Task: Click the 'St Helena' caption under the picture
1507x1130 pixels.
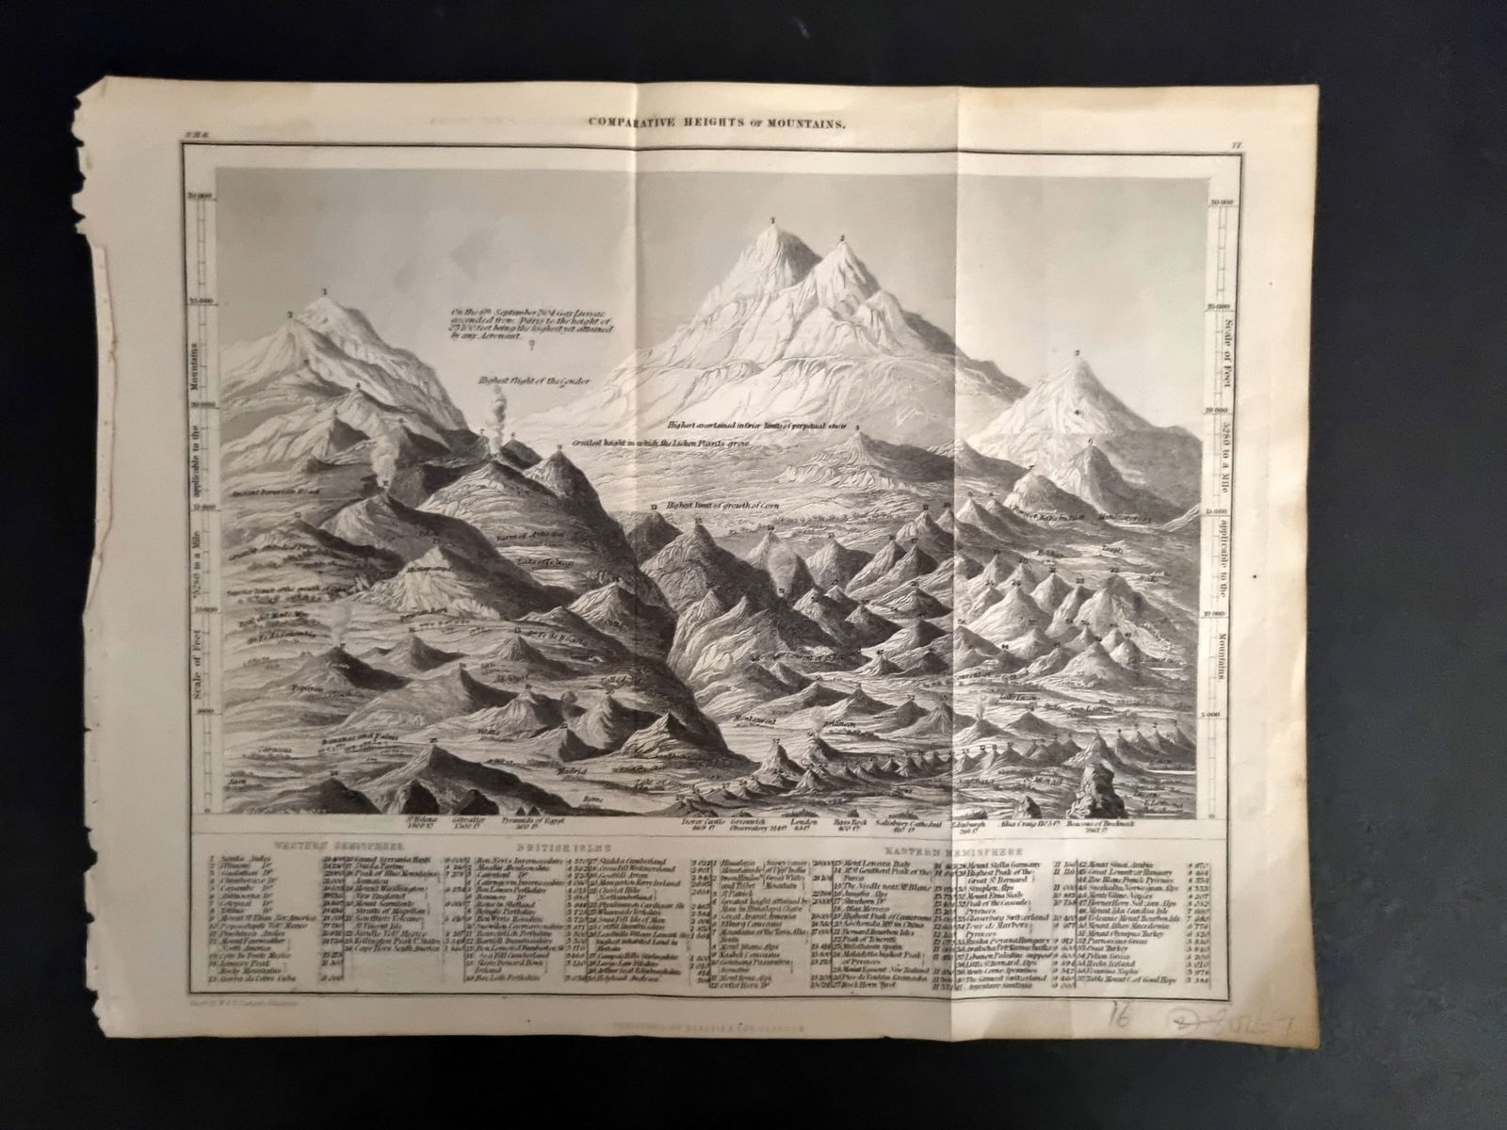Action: coord(421,821)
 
